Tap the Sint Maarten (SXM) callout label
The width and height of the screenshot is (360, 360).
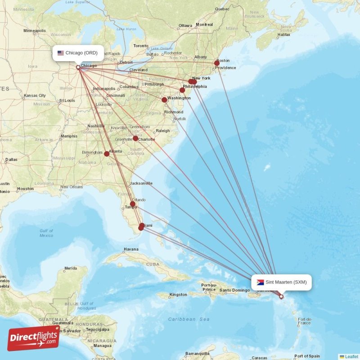click(282, 282)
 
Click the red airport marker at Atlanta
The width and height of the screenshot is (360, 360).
click(107, 154)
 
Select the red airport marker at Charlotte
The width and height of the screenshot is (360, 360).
click(135, 139)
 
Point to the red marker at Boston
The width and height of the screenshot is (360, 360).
click(217, 63)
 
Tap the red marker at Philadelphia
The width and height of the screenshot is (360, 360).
click(182, 90)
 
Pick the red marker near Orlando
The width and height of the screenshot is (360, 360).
click(133, 204)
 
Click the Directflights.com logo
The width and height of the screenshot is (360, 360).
click(33, 338)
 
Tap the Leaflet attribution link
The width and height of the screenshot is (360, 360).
click(351, 356)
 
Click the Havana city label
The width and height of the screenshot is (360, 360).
click(131, 249)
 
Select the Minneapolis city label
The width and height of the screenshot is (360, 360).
click(35, 31)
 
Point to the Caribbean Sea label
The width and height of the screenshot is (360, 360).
click(189, 319)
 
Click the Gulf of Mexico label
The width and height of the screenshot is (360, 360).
click(46, 233)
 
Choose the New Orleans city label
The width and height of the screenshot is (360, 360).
click(72, 187)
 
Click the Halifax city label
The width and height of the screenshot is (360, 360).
click(284, 35)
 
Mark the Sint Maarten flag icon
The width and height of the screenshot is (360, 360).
click(260, 283)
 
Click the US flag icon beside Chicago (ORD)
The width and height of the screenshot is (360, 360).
click(61, 53)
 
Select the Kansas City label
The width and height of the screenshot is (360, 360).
click(35, 95)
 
